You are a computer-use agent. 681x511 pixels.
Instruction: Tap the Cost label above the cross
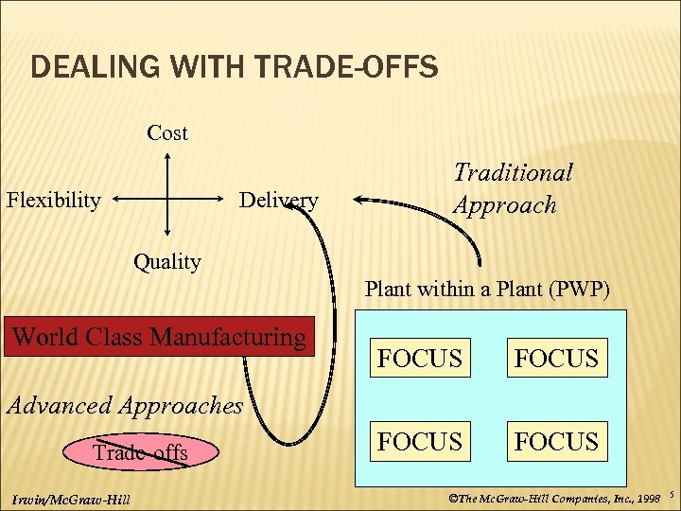[167, 133]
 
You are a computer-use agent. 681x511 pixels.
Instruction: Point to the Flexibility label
[54, 200]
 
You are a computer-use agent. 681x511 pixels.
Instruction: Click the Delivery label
[278, 200]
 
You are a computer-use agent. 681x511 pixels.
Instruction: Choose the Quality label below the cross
[167, 261]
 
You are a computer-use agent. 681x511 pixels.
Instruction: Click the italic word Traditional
[513, 172]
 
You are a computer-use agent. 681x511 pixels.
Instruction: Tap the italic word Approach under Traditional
[504, 205]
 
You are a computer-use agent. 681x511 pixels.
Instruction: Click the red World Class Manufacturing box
[159, 336]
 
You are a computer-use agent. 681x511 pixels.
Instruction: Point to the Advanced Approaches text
[124, 405]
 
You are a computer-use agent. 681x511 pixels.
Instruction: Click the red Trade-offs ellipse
[140, 453]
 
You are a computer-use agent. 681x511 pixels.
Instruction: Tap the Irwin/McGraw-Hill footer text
[72, 499]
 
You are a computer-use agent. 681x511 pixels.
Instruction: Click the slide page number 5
[671, 495]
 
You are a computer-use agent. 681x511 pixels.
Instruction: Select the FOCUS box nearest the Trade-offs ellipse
[419, 442]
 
